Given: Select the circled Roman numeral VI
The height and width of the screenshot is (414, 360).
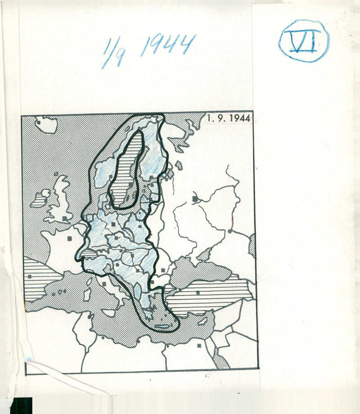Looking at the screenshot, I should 304,41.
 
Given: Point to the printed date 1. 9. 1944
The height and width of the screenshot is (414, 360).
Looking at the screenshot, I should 229,119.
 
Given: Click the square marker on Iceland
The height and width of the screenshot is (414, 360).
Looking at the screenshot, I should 40,122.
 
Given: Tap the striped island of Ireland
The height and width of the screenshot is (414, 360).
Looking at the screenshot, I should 41,198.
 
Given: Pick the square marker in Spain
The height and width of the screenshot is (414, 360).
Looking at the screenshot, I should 30,276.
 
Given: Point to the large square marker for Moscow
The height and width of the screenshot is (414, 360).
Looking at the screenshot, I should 195,198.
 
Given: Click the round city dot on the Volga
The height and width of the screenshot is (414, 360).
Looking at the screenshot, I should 230,231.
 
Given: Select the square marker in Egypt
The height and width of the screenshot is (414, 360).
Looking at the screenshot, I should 198,346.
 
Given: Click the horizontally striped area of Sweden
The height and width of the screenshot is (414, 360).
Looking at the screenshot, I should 128,171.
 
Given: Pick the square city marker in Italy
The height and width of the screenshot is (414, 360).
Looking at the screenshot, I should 103,284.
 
